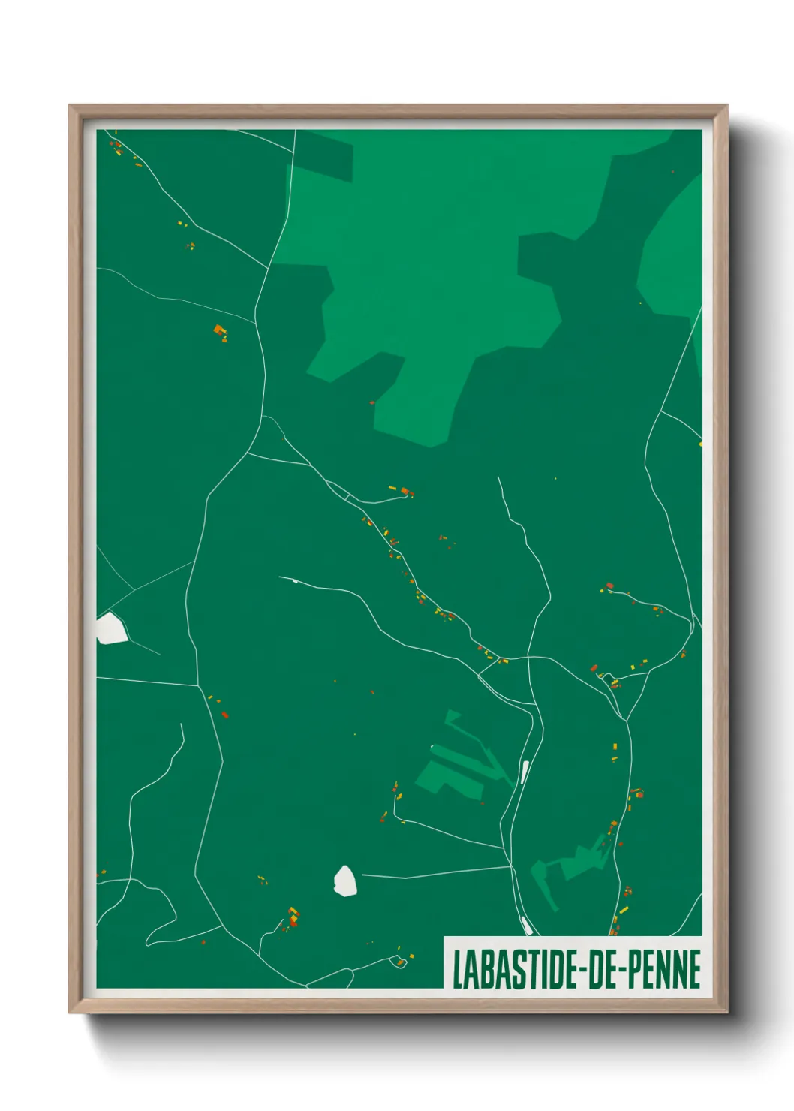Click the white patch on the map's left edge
coord(110,628)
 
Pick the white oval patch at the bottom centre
coord(344,881)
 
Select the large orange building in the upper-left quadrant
coord(219,329)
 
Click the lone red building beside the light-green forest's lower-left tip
coord(372,403)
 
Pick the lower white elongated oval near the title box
coord(526,925)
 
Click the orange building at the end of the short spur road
coord(406,492)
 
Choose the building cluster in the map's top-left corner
coord(117,146)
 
